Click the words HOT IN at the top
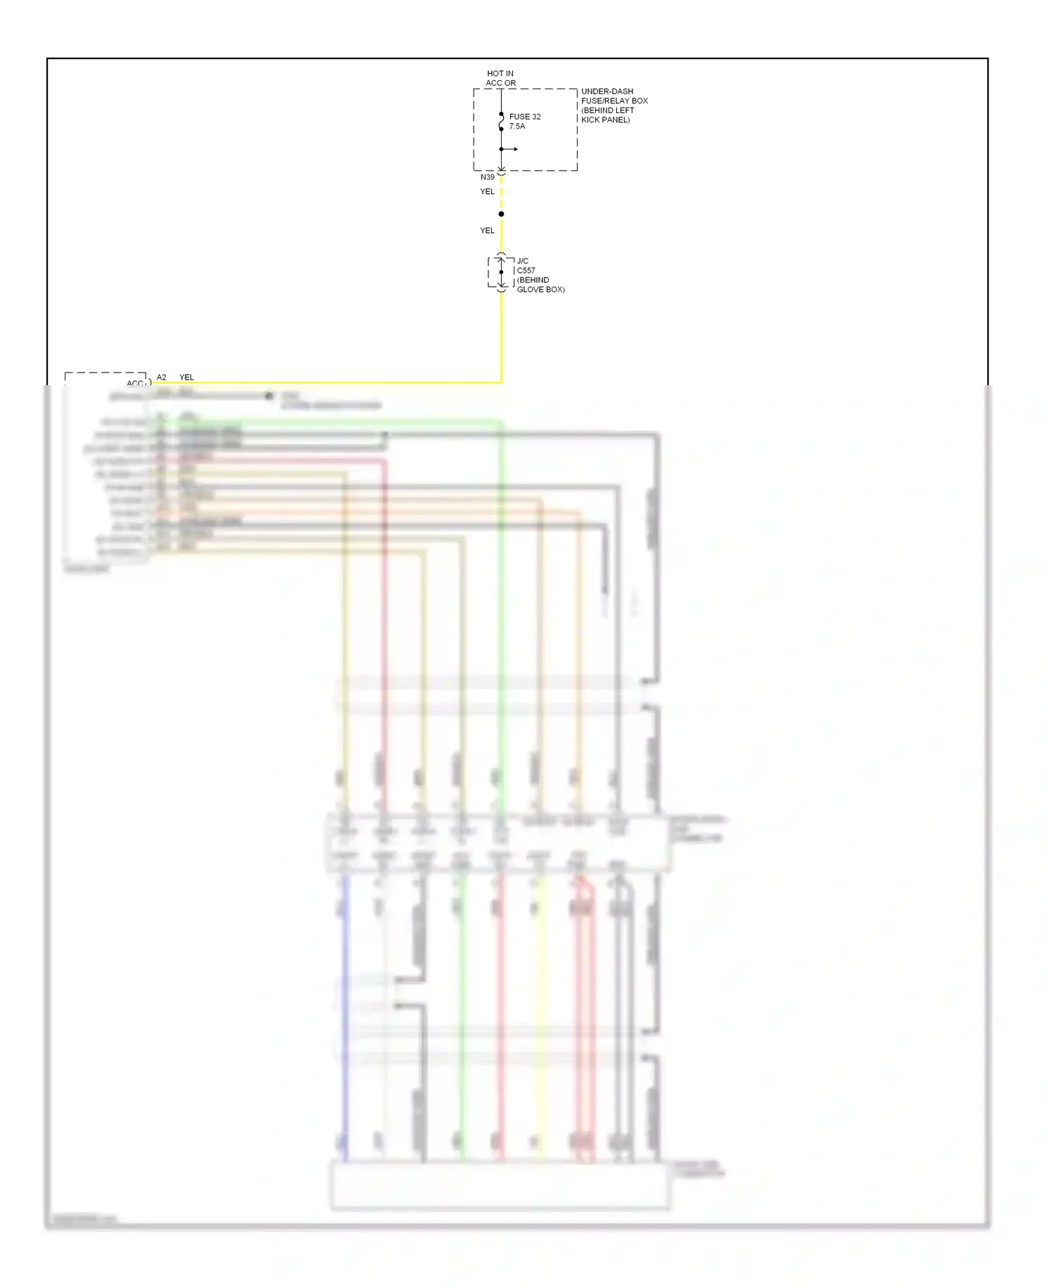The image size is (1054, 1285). click(500, 73)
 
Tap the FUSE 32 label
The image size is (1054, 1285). click(525, 117)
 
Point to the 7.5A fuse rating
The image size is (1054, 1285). click(517, 127)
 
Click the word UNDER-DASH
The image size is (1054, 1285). click(607, 91)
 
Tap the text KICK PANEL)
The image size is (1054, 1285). click(605, 120)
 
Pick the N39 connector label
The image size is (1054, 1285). click(488, 177)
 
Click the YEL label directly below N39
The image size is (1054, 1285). click(487, 191)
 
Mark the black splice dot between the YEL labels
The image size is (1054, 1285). click(501, 214)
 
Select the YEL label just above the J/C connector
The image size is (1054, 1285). click(487, 231)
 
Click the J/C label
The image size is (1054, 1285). click(523, 261)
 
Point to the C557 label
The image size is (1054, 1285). click(526, 271)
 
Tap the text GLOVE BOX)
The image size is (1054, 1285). click(540, 290)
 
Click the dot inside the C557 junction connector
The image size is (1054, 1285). click(501, 272)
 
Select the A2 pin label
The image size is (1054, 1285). click(162, 377)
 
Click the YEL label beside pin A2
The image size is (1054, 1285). click(186, 377)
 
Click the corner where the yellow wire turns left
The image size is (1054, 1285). click(501, 382)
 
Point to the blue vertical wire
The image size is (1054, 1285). click(344, 1019)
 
